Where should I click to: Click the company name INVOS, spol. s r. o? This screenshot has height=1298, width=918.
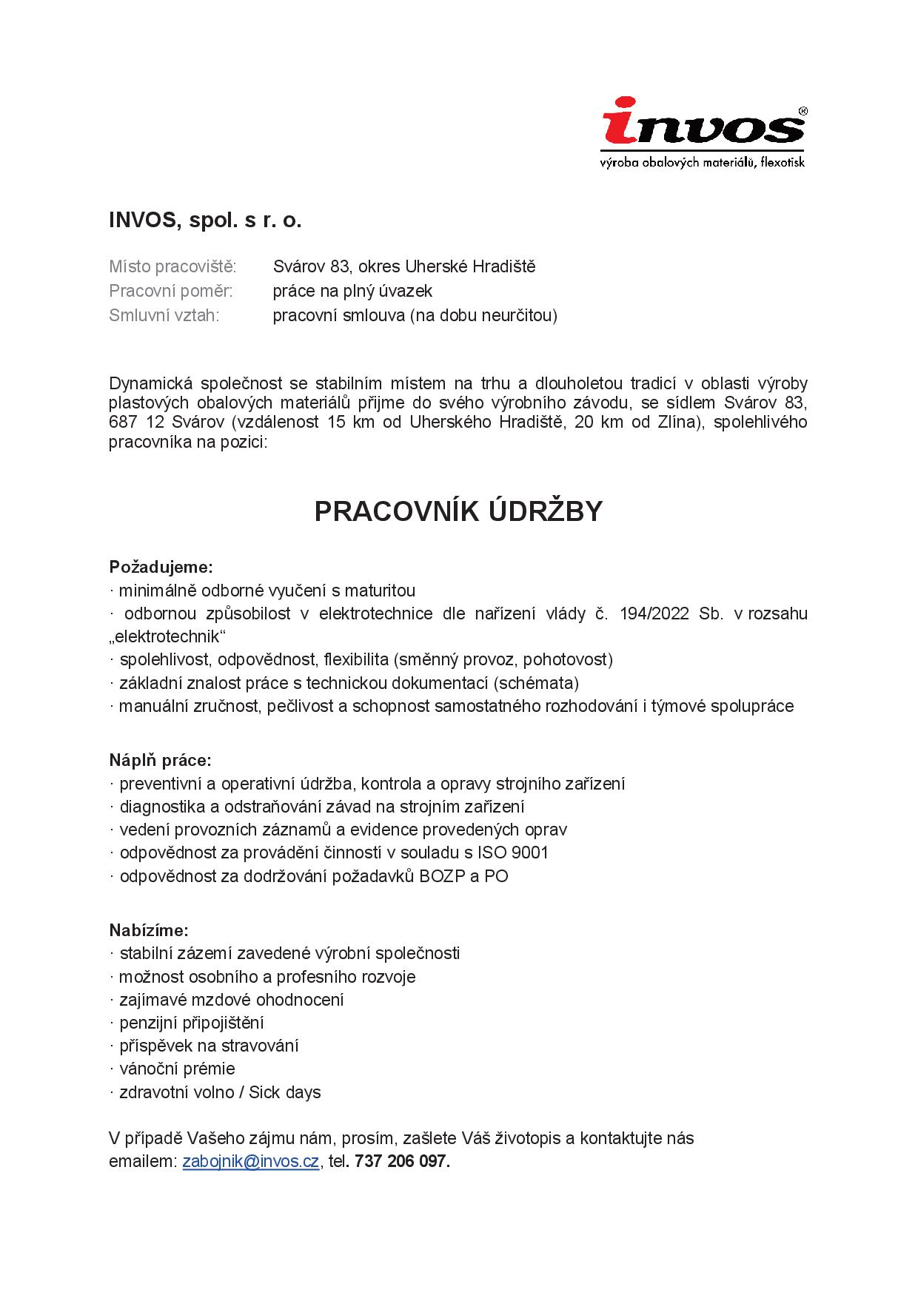[205, 221]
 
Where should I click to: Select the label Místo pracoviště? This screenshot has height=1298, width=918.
[172, 266]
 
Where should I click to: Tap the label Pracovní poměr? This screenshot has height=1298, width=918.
[170, 291]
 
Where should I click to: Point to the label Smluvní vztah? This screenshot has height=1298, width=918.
[164, 315]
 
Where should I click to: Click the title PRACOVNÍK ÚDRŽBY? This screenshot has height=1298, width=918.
[458, 511]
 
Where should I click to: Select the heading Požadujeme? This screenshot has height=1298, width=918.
[161, 568]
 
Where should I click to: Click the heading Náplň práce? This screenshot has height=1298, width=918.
[160, 760]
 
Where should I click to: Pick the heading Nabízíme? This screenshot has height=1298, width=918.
[149, 929]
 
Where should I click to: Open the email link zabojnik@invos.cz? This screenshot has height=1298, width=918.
[250, 1161]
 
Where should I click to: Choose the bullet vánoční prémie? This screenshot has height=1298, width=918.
[177, 1069]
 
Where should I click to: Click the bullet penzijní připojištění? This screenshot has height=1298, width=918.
[192, 1023]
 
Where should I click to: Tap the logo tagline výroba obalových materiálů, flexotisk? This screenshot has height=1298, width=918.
[702, 162]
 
